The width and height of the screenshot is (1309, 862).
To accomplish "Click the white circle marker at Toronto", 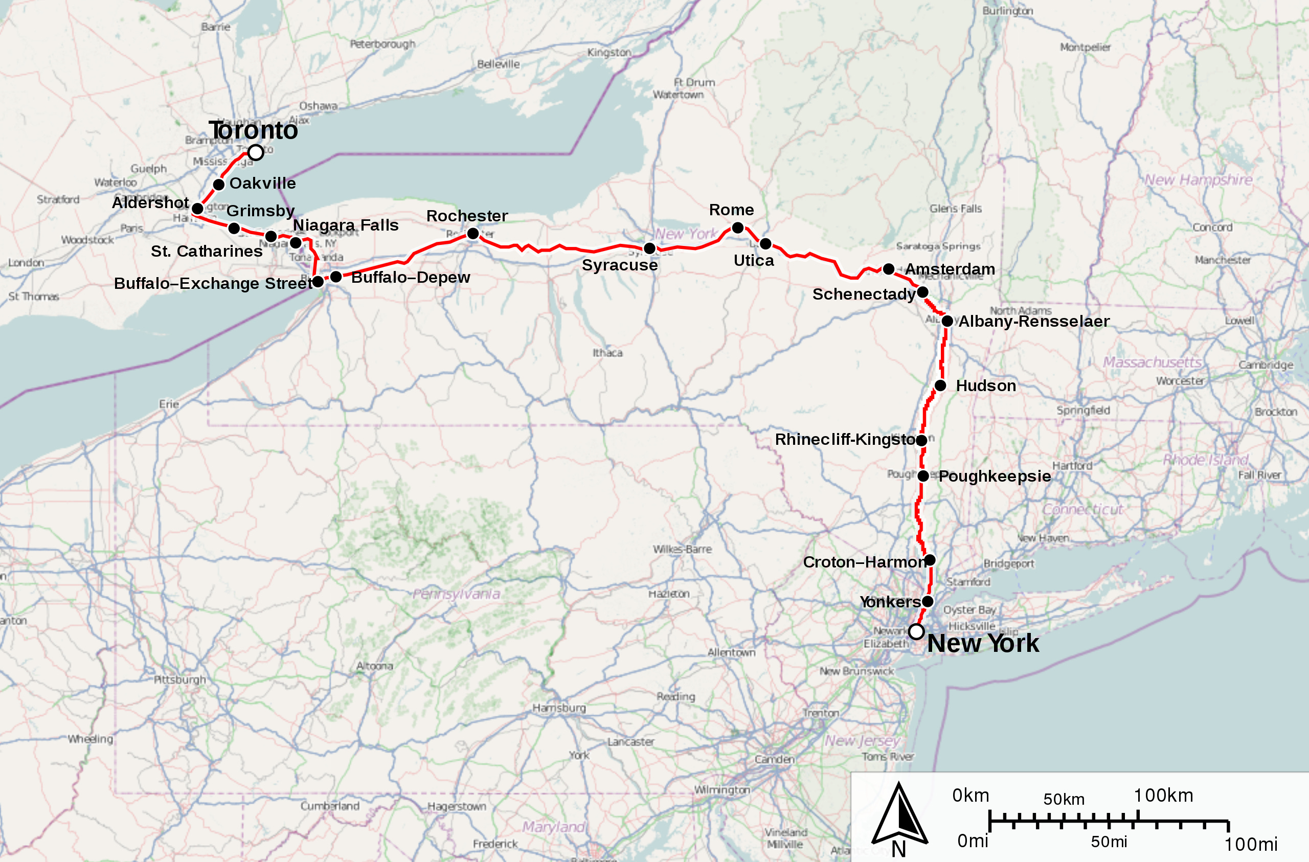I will click(x=255, y=152).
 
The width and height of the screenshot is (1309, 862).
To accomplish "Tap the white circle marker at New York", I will click(x=916, y=631).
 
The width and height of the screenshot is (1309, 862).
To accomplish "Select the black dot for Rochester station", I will click(x=472, y=234).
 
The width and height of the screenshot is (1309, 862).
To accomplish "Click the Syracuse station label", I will click(x=619, y=265).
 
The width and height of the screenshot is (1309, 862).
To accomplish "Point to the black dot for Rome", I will click(x=737, y=227).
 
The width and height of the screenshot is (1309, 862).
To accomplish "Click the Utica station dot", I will click(x=765, y=243).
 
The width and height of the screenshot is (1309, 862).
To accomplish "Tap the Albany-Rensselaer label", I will click(x=1033, y=321).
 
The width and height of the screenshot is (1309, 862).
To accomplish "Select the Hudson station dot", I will click(x=940, y=385).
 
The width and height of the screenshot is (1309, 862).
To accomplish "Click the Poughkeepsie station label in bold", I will click(x=995, y=476).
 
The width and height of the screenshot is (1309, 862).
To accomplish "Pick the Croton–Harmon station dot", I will click(x=930, y=560).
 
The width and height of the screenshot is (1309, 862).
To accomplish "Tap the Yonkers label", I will click(x=889, y=602).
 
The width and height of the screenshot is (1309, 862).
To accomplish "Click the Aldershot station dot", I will click(x=197, y=209).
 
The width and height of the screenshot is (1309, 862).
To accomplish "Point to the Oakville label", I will click(x=262, y=183).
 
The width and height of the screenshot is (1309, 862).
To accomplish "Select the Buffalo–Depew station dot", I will click(x=335, y=276).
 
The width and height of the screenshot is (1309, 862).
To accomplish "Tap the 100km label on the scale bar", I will click(x=1163, y=796).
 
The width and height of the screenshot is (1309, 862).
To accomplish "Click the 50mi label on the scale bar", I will click(x=1109, y=842).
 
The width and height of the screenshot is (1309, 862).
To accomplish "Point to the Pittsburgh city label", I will click(x=179, y=679).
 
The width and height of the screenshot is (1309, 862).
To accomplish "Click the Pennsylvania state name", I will click(x=456, y=594).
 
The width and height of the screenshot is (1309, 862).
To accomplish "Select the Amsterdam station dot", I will click(x=888, y=269).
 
